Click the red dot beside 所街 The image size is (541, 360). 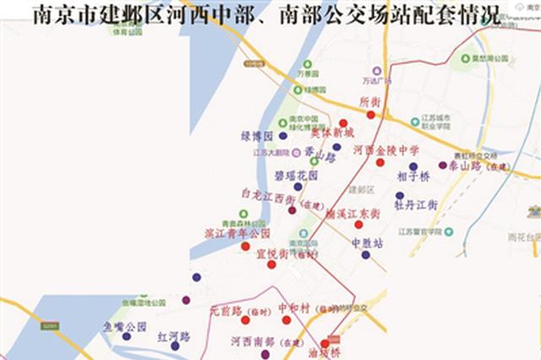click(370, 114)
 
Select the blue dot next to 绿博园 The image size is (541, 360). click(282, 135)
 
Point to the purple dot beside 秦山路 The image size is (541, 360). click(443, 166)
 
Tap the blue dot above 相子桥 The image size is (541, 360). click(413, 166)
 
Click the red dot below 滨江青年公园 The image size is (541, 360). click(245, 246)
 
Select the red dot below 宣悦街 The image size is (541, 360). click(270, 265)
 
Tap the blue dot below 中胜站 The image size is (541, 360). click(365, 254)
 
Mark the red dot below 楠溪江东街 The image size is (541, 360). click(358, 225)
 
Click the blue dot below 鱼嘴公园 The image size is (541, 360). click(126, 336)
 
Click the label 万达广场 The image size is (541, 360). click(378, 81)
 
